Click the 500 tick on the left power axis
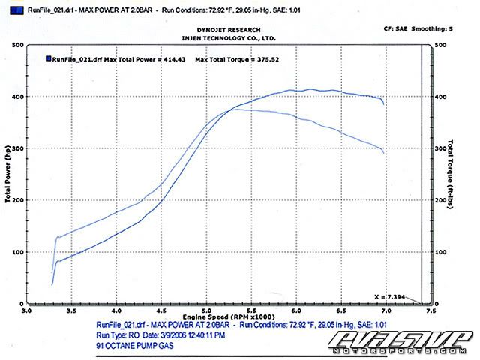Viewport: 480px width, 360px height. (16, 45)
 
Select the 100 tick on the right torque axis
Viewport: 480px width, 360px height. (442, 253)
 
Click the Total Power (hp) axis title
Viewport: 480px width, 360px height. (7, 174)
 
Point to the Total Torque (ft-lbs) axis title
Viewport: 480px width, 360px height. (451, 174)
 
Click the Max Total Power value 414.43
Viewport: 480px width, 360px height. (172, 58)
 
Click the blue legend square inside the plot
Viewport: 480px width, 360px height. (48, 58)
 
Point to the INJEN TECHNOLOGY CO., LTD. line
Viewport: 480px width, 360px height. (228, 37)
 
